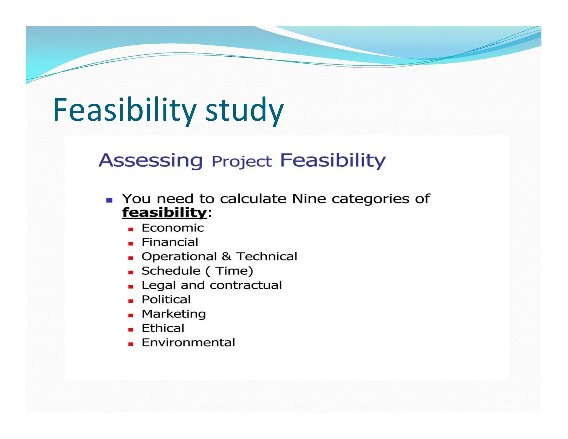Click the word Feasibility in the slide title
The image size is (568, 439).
[125, 110]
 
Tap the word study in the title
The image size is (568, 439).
[244, 110]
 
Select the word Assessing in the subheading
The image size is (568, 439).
[151, 160]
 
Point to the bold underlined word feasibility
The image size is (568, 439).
[164, 213]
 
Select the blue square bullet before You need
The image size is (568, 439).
[109, 200]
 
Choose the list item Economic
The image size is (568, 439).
[173, 228]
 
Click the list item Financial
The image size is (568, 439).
[170, 242]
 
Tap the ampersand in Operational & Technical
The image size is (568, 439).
[226, 256]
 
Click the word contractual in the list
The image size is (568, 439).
[246, 285]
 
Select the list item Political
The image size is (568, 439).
[166, 300]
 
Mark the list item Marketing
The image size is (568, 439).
[174, 314]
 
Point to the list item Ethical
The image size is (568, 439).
[163, 328]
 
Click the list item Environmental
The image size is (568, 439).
[188, 343]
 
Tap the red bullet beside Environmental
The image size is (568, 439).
[131, 344]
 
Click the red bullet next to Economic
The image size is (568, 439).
[131, 229]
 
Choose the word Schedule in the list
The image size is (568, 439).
[171, 271]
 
